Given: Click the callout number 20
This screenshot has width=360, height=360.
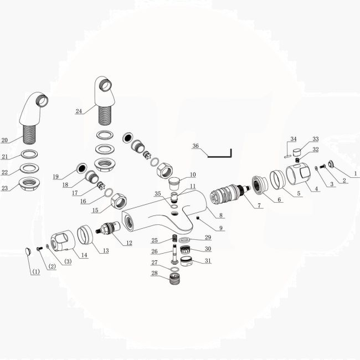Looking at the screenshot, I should [4, 140].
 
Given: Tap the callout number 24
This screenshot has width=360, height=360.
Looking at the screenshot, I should [79, 111].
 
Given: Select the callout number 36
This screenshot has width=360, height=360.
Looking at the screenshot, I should [195, 147].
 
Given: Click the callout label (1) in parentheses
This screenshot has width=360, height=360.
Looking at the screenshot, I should [35, 272].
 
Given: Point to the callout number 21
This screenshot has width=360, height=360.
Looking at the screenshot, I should [4, 157].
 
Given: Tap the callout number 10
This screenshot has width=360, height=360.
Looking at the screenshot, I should [193, 175].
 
